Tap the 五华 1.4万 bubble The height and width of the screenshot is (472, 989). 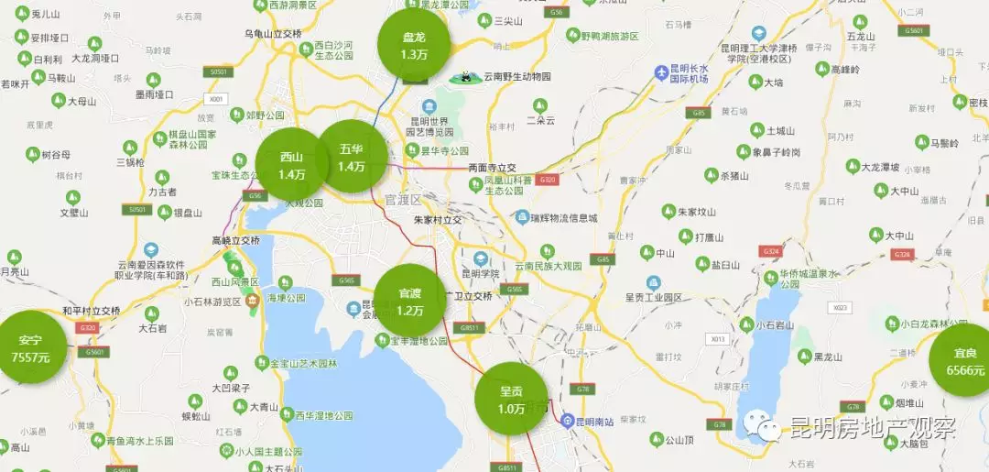coord(351,157)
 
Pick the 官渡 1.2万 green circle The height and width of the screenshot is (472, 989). coord(410,301)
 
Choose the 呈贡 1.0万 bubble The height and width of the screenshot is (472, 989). coord(511,399)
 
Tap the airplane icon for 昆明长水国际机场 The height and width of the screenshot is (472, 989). coord(661,72)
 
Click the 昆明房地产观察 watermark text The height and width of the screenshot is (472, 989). coord(872,427)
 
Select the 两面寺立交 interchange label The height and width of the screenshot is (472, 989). coord(492,168)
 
